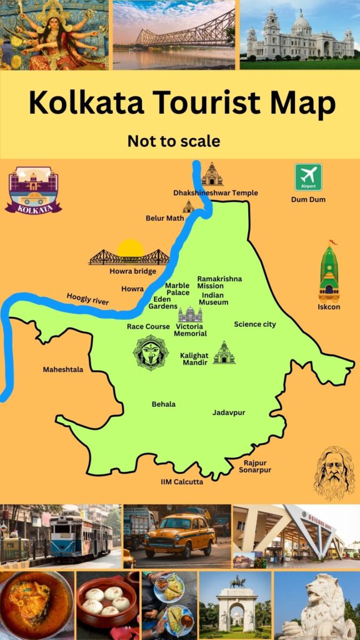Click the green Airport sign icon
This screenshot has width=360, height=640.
[308, 177]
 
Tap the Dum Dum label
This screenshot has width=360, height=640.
[308, 199]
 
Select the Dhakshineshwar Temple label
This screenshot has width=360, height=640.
[216, 193]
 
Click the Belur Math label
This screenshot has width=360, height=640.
[164, 218]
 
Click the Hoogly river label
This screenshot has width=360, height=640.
[87, 299]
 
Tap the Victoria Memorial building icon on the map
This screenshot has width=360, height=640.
[190, 314]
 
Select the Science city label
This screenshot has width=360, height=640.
[255, 324]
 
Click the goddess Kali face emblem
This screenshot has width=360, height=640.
[151, 352]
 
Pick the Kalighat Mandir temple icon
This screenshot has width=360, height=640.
[224, 353]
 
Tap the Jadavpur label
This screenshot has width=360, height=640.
[229, 413]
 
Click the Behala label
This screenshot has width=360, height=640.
[164, 404]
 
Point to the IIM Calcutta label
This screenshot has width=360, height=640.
[182, 482]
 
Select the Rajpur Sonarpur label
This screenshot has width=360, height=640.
[255, 466]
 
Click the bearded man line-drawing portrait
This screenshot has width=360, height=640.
[334, 474]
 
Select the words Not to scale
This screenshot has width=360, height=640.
[174, 141]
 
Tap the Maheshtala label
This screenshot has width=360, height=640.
[62, 369]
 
